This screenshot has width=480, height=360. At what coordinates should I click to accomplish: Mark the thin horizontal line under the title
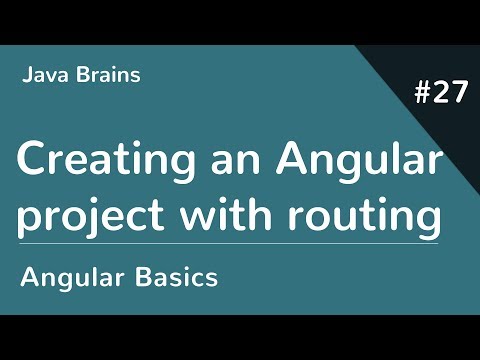point(230,243)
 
